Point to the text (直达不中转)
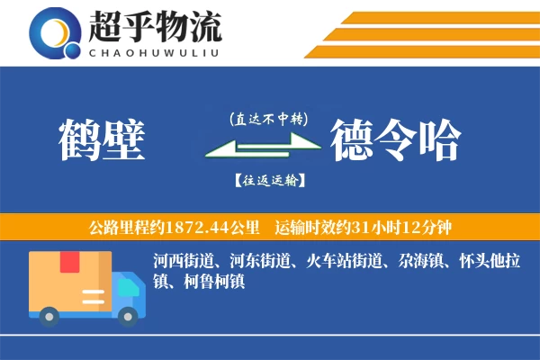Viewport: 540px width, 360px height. pyautogui.click(x=269, y=118)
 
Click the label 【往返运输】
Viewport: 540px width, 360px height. pyautogui.click(x=269, y=180)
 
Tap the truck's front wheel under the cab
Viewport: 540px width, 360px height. pyautogui.click(x=129, y=314)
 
